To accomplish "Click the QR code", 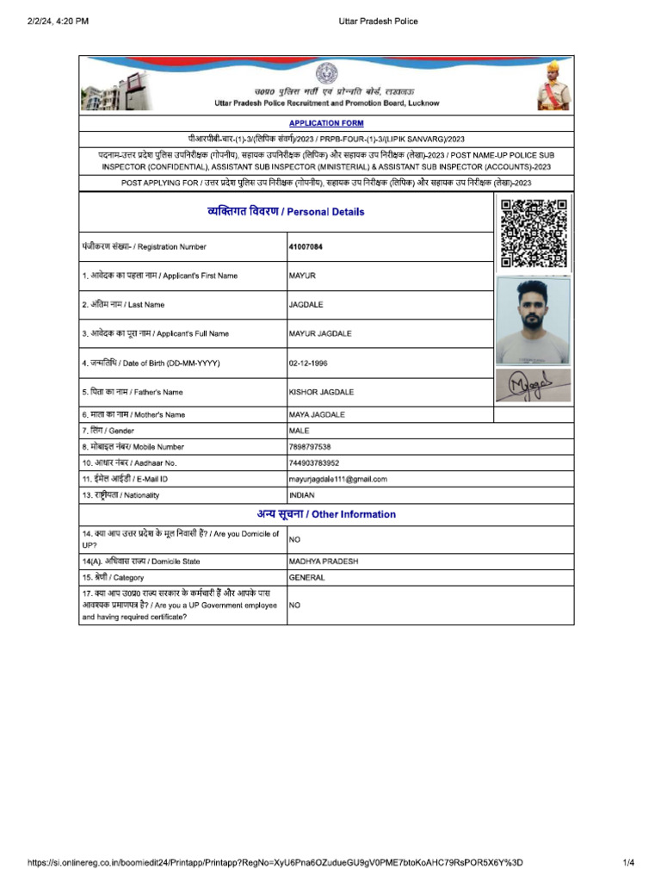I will point(534,232).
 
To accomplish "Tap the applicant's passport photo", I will point(534,320).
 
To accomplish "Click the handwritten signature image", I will point(534,386).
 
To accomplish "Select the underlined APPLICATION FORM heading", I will point(326,123).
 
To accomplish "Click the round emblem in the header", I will point(326,73).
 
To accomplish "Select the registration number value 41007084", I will point(306,247).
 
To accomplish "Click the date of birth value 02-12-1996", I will point(308,363).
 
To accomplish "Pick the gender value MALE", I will point(300,431).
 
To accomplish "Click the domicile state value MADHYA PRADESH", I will point(324,562).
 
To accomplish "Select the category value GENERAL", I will point(306,578).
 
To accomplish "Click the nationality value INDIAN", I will point(302,496).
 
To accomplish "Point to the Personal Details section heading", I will point(286,212).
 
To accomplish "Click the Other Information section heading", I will point(326,514).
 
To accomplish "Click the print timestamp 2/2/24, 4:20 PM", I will point(59,22).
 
